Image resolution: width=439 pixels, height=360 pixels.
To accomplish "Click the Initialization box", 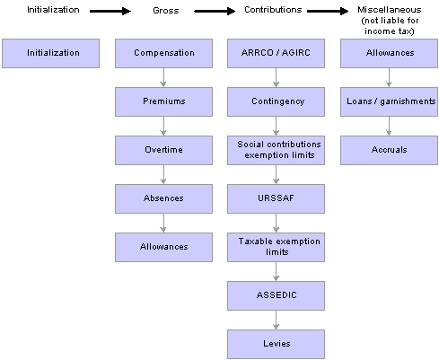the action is pos(50,53).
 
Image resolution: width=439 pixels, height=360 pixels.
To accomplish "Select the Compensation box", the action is pos(163,53).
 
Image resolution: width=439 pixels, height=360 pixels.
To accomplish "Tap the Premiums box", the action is pos(163,101).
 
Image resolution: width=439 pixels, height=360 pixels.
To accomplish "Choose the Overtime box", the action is pos(163,150).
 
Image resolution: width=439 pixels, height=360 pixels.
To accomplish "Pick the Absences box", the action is pos(163,198).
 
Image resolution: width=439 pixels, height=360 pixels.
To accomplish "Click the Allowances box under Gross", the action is pos(163,247).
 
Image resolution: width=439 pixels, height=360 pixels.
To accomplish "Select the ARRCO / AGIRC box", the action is pos(276,53).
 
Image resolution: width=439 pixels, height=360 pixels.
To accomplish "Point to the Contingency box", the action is pos(276,101).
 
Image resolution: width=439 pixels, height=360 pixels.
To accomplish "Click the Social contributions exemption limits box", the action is pos(276,150).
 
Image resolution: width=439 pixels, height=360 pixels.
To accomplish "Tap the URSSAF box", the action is pos(276,198).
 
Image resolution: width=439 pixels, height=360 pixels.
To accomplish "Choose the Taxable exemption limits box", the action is pos(276,247).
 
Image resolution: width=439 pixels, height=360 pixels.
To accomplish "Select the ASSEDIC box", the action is pos(276,295).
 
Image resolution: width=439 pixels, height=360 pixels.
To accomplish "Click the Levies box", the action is pos(276,344).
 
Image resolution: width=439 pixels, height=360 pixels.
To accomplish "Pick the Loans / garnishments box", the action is pos(389,101).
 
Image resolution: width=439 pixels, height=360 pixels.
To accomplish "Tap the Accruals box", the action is pos(389,150).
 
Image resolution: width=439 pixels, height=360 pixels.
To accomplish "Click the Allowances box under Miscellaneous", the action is pos(389,53).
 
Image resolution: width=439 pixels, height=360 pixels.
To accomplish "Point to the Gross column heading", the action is pos(166,11).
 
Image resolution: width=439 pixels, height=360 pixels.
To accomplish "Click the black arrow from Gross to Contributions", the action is pos(215,12).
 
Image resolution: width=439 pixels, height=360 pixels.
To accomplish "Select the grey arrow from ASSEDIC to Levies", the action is pos(276,320).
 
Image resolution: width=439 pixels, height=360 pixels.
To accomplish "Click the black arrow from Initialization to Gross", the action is pos(110,12).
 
